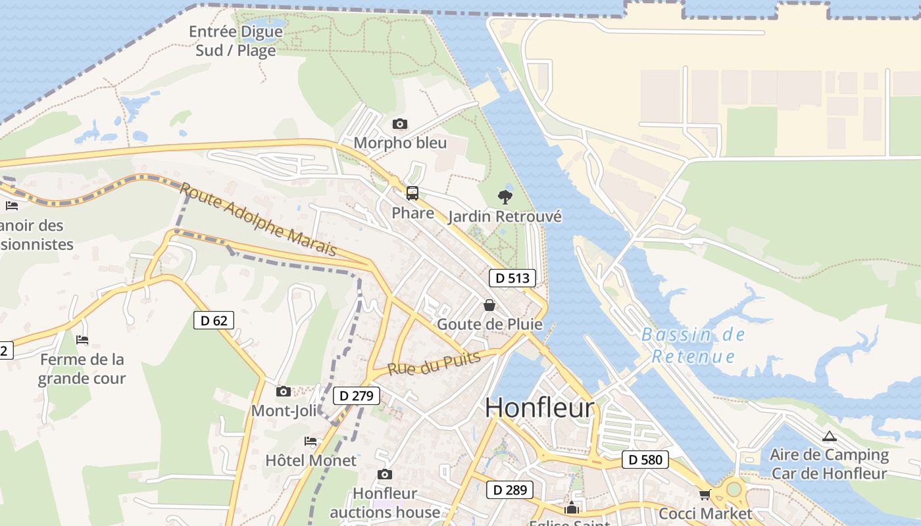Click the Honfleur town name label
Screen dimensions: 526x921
539,408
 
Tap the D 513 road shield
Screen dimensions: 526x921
512,278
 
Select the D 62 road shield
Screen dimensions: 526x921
214,320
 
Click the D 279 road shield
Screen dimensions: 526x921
357,395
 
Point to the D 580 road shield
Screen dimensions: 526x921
645,460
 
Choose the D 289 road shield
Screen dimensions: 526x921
509,489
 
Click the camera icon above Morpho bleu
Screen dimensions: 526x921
399,124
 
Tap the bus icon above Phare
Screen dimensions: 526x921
412,193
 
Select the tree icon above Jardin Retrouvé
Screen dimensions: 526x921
505,197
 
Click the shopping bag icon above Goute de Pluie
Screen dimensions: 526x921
489,305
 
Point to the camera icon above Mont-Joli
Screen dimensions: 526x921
284,391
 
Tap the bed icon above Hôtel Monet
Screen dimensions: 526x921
311,441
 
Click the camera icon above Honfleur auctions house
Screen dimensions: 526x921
385,474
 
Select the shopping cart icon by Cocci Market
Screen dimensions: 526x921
705,494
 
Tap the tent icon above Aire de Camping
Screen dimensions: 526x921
830,436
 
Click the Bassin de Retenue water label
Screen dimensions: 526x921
693,345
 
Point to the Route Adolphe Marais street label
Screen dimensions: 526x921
258,219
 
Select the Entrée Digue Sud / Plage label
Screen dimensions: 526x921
236,41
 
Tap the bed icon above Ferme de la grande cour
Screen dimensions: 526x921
82,340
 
